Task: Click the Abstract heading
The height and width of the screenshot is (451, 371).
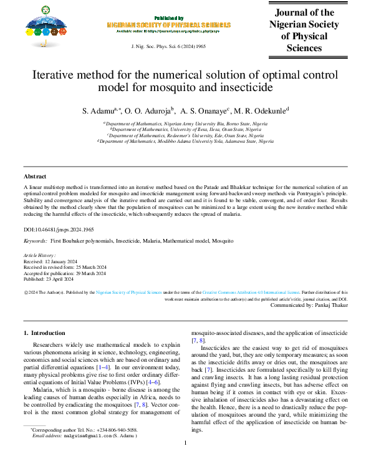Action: (x=35, y=177)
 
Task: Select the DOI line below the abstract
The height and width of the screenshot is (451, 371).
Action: (x=59, y=229)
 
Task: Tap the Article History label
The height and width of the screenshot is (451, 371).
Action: (x=39, y=256)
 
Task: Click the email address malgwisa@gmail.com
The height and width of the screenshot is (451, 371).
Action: (x=83, y=435)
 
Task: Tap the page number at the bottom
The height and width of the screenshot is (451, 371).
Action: (x=185, y=443)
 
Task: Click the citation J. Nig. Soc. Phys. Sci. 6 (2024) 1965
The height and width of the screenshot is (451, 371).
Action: (x=167, y=47)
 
